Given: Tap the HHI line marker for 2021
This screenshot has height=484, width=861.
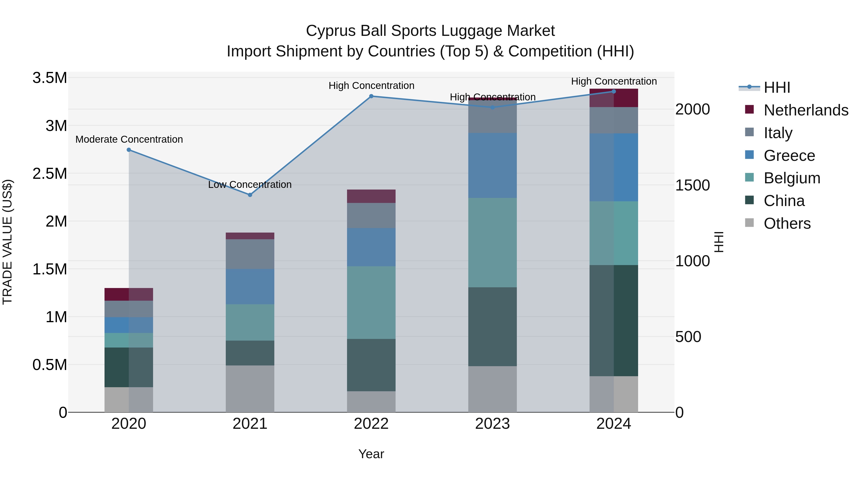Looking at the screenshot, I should (250, 195).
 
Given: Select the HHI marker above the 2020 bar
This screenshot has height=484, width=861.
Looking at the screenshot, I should (129, 150).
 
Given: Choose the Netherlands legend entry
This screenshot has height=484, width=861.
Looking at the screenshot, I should (806, 110).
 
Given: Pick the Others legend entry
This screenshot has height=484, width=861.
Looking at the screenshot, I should (787, 223).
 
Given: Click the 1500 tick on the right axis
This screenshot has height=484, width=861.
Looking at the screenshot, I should (692, 185).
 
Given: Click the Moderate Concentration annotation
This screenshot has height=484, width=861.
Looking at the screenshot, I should (129, 139).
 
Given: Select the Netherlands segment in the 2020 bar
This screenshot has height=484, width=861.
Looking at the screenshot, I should (129, 294).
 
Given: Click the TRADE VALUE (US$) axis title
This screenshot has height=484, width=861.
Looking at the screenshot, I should (7, 242).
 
